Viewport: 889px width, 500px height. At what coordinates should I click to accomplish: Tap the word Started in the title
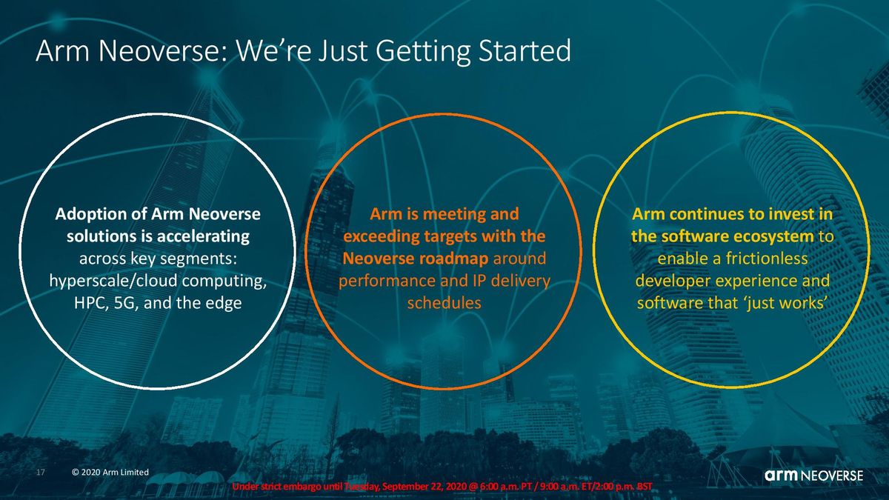pos(525,51)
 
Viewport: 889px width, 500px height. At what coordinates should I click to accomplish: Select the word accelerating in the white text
pos(203,237)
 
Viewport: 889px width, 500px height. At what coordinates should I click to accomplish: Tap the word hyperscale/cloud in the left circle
pos(113,281)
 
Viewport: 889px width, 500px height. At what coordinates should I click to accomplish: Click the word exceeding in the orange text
pos(381,237)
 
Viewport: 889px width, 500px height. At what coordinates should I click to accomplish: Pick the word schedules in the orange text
pos(444,304)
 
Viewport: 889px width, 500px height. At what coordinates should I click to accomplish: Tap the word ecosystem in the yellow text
pos(773,237)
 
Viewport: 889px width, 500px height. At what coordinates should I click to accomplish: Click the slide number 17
pos(41,473)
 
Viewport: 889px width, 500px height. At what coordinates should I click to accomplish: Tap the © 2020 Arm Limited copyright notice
pos(110,473)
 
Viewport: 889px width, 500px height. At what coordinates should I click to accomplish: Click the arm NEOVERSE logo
pos(813,475)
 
